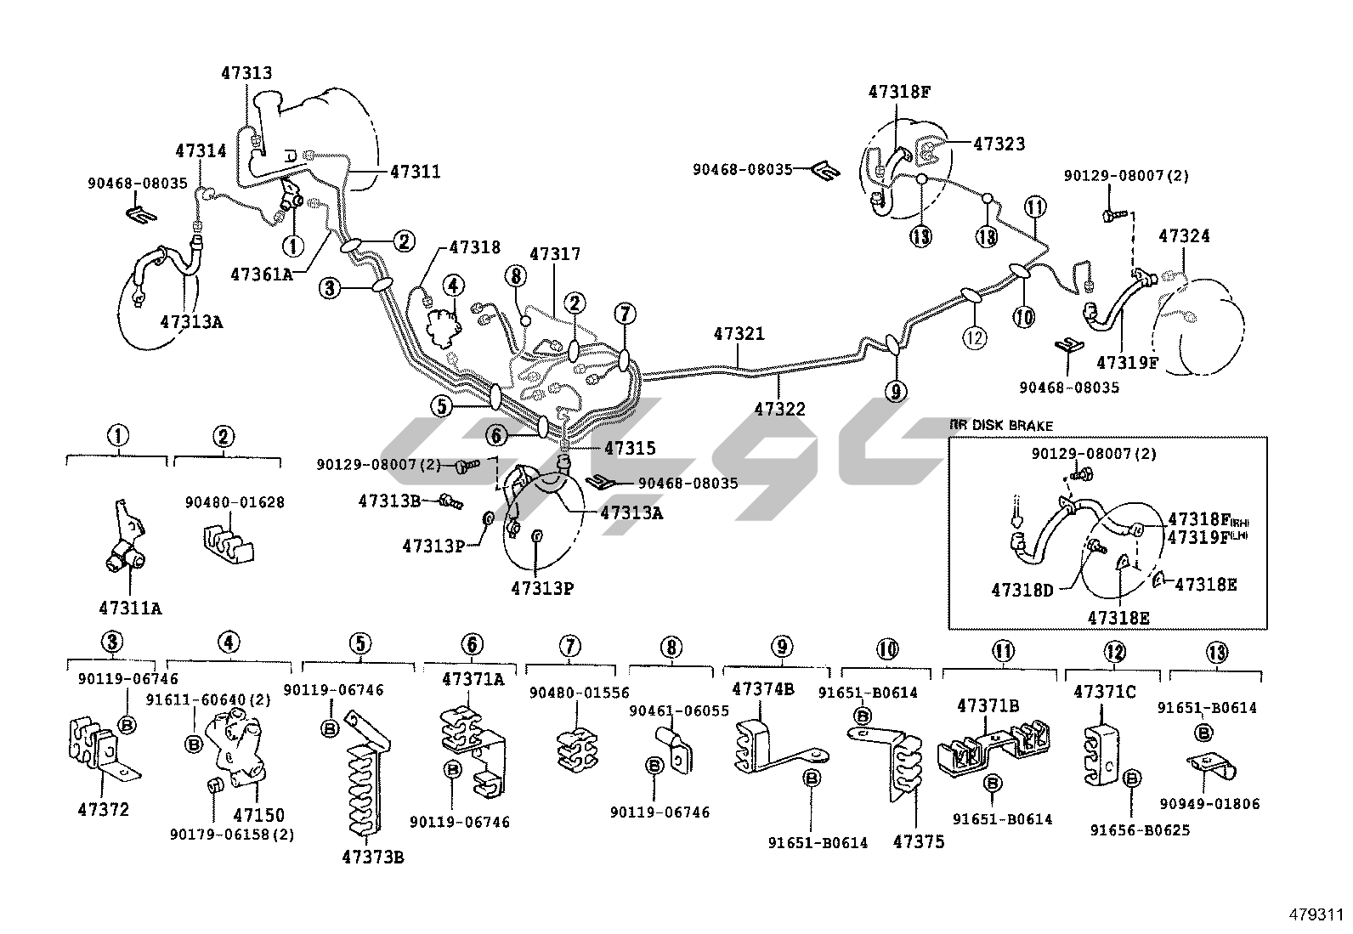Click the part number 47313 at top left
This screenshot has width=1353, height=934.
[x=246, y=73]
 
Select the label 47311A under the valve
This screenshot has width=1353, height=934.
[x=130, y=608]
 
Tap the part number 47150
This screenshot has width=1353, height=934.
[x=258, y=816]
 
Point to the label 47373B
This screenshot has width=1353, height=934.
[x=373, y=857]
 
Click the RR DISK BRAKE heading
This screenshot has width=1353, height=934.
[x=1001, y=425]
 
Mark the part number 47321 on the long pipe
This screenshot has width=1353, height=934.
[x=739, y=334]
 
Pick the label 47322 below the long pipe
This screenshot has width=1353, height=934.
[x=779, y=409]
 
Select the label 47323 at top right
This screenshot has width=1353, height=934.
[x=999, y=144]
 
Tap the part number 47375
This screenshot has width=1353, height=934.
[x=919, y=842]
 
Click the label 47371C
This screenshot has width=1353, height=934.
[x=1104, y=692]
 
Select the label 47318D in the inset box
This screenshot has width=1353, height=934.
[x=1022, y=589]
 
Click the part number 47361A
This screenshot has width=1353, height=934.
[x=262, y=275]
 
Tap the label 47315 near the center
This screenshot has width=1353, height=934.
[x=630, y=448]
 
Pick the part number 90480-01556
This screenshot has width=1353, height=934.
[x=579, y=693]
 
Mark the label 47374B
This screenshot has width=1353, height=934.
[x=763, y=688]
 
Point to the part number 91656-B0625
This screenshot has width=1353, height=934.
[x=1140, y=829]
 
